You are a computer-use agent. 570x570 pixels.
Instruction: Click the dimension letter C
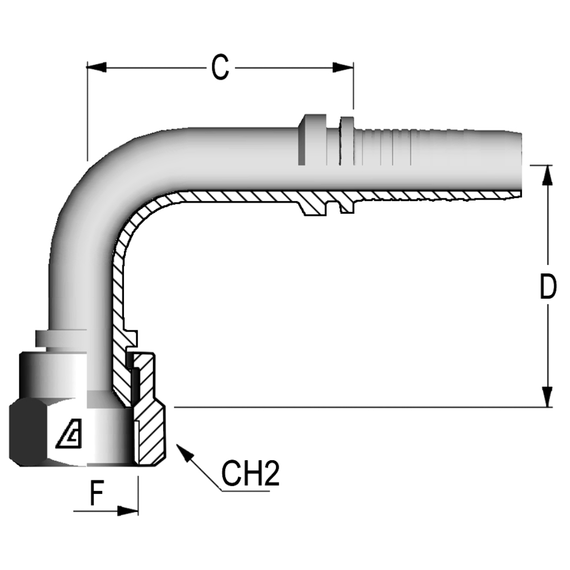[x=220, y=68]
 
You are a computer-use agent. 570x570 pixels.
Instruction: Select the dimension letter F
[x=96, y=495]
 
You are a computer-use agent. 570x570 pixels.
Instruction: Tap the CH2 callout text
[x=250, y=473]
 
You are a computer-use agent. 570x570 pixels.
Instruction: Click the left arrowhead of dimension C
[x=97, y=67]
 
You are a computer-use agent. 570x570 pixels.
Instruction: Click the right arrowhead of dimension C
[x=343, y=67]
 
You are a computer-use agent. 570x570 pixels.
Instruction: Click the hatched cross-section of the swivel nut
[x=150, y=435]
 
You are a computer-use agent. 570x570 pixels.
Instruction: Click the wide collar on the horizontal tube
[x=311, y=140]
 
